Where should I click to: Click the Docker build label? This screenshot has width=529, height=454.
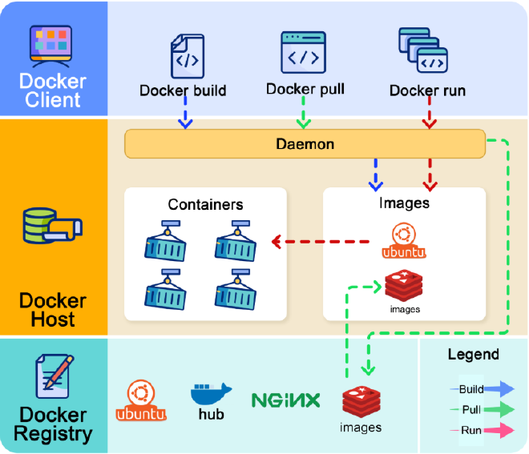tap(183, 90)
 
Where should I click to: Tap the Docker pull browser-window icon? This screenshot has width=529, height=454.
tap(303, 52)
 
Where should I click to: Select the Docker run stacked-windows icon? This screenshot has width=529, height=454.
tap(422, 50)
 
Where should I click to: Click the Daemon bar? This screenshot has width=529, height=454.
tap(305, 145)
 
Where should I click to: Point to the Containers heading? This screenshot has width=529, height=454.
tap(205, 204)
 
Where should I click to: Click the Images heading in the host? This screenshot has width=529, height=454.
tap(404, 203)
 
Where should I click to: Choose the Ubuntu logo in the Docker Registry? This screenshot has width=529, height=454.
tap(141, 400)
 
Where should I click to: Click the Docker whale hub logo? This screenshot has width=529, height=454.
tap(211, 400)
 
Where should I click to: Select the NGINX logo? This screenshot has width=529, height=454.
tap(285, 400)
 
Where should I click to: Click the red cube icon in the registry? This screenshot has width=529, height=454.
tap(360, 400)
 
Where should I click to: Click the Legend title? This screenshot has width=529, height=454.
tap(473, 354)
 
